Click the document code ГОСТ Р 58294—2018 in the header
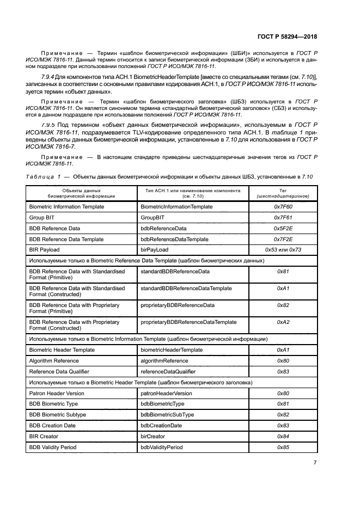(x=286, y=37)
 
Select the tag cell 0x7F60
(x=283, y=207)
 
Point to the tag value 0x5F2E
(x=283, y=229)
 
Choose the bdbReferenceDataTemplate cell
(x=174, y=240)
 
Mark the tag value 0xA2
(x=283, y=322)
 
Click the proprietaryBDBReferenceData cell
(x=178, y=305)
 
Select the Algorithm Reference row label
(x=53, y=361)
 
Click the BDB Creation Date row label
(x=52, y=426)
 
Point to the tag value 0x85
(x=283, y=447)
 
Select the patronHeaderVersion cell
(x=166, y=393)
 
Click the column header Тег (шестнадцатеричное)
(x=283, y=193)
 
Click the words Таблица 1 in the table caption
(x=44, y=177)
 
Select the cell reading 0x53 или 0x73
(x=283, y=250)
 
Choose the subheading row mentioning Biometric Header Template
(x=141, y=383)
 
